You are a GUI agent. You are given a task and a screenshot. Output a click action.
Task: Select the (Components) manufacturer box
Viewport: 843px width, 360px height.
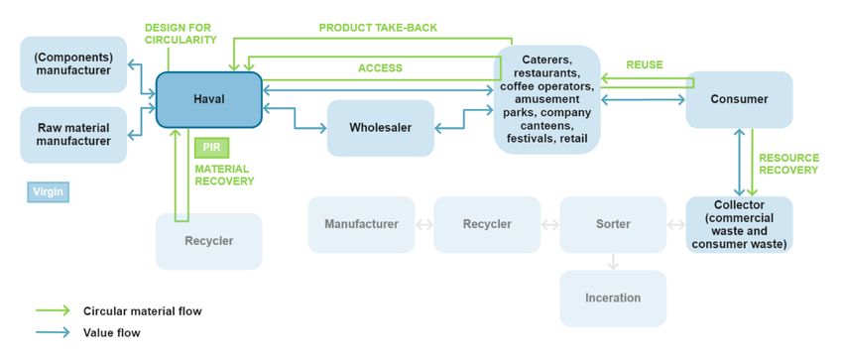click(x=73, y=64)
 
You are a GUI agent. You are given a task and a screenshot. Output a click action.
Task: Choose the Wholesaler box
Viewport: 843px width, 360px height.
click(x=381, y=128)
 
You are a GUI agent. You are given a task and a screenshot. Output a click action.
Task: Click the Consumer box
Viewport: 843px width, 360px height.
click(x=739, y=99)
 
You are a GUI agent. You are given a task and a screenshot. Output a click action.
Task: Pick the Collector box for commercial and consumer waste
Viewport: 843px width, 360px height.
click(x=739, y=224)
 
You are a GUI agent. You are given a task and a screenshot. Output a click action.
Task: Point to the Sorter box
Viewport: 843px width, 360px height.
click(x=613, y=224)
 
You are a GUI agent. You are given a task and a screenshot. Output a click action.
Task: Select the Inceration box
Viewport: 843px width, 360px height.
click(x=613, y=298)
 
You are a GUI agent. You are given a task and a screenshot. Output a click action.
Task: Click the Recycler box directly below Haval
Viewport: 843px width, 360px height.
click(x=208, y=241)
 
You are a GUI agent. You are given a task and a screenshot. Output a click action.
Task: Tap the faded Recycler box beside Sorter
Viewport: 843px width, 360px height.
click(x=487, y=224)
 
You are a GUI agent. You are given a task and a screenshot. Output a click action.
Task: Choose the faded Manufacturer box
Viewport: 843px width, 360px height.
click(x=361, y=224)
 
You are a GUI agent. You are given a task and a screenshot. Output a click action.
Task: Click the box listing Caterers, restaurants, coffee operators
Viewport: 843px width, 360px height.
click(x=547, y=99)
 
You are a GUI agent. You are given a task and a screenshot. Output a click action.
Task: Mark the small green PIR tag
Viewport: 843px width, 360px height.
click(x=211, y=147)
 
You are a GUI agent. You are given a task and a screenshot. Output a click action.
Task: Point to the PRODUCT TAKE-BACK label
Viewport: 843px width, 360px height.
click(x=378, y=27)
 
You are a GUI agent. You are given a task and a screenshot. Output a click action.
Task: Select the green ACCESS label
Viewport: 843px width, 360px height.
click(x=380, y=68)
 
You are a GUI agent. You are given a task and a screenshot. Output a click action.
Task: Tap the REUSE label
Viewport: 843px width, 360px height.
click(x=644, y=65)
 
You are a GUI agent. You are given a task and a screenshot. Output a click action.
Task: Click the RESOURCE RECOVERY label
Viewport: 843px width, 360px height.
click(x=788, y=164)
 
